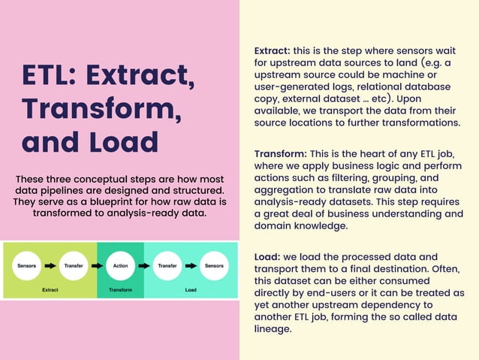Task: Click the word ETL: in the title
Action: point(50,75)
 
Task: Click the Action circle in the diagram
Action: point(120,265)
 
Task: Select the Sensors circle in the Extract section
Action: point(28,265)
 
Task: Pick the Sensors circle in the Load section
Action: point(214,265)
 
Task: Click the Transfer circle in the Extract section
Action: point(74,265)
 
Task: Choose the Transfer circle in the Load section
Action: point(167,265)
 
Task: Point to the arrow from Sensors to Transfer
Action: point(50,265)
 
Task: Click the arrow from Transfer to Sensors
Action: point(190,265)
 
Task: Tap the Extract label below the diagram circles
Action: point(50,289)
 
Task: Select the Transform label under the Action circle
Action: point(120,289)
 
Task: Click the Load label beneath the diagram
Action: point(191,289)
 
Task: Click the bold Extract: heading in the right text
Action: point(273,50)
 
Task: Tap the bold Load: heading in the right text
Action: point(268,256)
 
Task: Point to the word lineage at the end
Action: point(273,328)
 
